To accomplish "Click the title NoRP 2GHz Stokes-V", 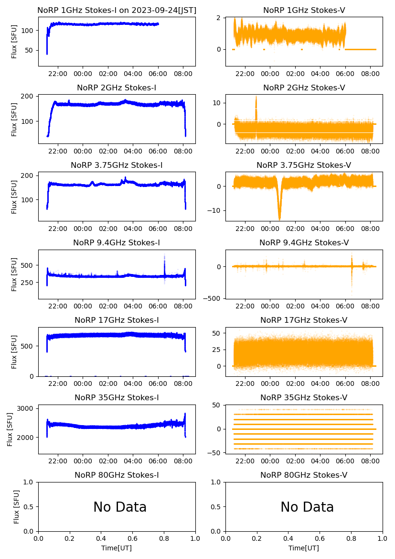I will (304, 88).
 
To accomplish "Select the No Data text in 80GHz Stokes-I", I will (120, 507).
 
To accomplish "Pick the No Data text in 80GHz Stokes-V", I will (307, 507).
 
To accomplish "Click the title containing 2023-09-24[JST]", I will (117, 11).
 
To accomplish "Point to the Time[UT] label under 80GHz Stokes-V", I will (304, 548).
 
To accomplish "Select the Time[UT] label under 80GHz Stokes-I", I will (117, 548).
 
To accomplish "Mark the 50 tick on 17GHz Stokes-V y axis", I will (217, 332).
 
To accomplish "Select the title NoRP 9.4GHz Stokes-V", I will (304, 243).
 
